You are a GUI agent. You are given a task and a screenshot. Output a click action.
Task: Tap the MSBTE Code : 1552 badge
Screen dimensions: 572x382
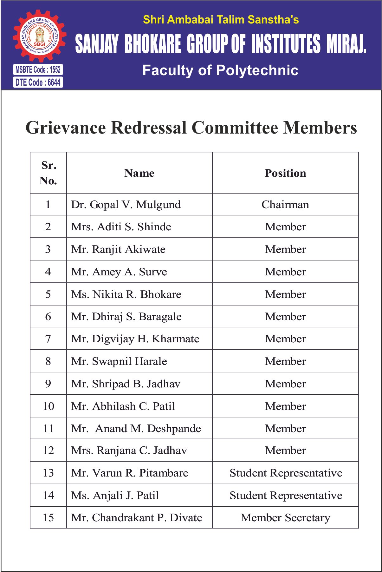[38, 69]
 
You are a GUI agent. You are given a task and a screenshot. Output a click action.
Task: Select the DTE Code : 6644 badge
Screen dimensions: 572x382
[38, 82]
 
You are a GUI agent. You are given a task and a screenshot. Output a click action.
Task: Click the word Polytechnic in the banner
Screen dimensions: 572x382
[257, 70]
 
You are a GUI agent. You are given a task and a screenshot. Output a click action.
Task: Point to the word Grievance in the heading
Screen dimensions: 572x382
[66, 128]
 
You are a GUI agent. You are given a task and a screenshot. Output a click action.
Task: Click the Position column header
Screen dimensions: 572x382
[285, 173]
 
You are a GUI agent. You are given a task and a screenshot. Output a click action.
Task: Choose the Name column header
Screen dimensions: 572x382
[139, 173]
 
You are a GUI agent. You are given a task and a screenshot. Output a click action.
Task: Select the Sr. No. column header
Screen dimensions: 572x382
[48, 173]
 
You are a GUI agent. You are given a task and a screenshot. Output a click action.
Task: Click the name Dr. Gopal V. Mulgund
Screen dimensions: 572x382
[126, 205]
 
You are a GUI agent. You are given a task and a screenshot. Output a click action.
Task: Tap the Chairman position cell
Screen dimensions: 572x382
[285, 205]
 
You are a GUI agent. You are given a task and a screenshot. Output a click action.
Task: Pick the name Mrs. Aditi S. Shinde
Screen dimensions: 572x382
[121, 227]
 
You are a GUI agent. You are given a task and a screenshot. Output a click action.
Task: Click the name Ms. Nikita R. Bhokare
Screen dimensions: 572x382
[126, 294]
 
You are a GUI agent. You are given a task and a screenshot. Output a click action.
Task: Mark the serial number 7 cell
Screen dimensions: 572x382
[48, 339]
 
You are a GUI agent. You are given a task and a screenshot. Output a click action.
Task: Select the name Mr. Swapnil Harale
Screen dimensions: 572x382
[119, 361]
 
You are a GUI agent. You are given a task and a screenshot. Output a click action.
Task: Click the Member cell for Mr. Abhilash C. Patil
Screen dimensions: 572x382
[285, 406]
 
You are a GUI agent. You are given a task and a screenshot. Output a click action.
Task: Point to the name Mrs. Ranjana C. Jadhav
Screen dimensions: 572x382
[129, 450]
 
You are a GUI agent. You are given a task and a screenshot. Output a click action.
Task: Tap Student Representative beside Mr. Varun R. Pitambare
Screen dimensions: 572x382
[286, 473]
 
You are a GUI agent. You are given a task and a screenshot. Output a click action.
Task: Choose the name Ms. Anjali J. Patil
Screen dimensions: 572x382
[115, 496]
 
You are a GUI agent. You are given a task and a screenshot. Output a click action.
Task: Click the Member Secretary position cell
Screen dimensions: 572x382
[285, 518]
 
